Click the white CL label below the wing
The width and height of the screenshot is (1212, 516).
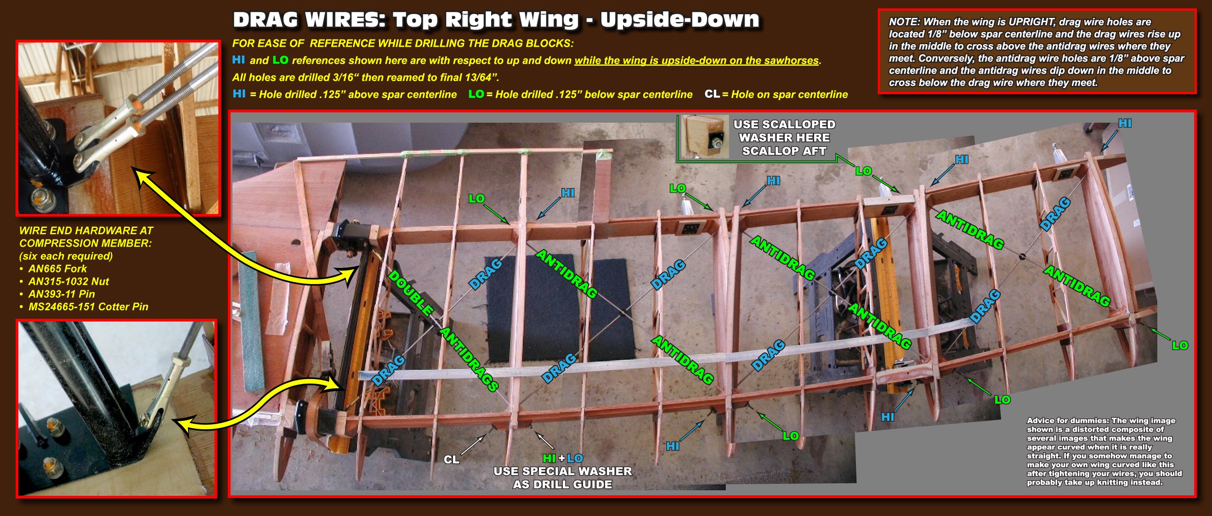451,459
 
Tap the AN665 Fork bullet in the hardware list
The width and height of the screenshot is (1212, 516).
53,269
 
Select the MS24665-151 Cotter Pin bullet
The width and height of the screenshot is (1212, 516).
84,306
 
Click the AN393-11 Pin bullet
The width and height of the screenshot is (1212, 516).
57,294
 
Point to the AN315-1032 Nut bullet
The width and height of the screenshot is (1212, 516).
64,281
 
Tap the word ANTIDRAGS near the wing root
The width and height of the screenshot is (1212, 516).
469,359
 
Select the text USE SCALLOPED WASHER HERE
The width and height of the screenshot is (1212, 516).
784,131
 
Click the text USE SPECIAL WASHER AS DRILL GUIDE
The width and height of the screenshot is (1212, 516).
563,477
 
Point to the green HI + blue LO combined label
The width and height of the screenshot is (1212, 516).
563,458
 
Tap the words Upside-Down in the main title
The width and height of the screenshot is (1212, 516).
680,20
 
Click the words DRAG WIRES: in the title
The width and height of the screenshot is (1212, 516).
310,20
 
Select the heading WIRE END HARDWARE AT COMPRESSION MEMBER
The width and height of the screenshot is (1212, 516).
86,237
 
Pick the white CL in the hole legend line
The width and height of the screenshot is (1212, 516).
712,94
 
